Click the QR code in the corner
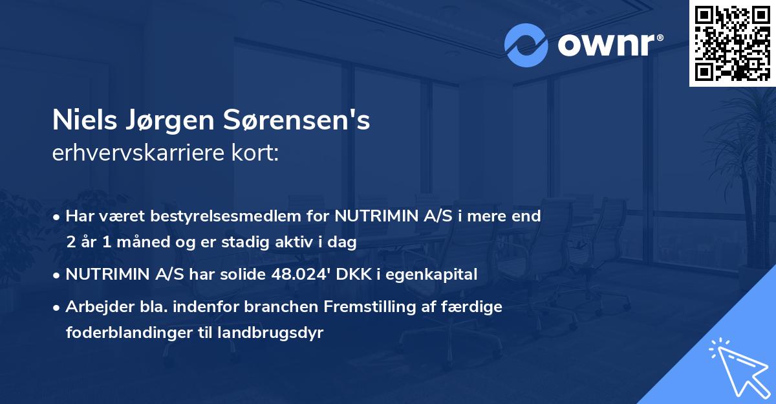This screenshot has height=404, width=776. pos(732,43)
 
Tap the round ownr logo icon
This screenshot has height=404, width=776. pos(526,45)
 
